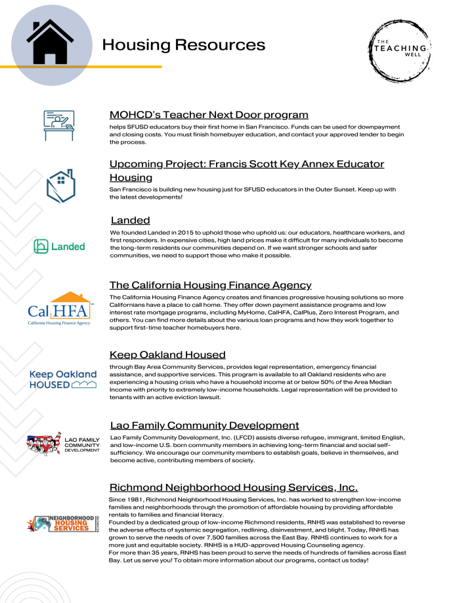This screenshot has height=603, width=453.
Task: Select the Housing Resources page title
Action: tap(184, 45)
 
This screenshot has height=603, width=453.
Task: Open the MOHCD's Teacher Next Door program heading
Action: tap(209, 115)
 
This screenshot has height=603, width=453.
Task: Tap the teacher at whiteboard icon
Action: tap(60, 123)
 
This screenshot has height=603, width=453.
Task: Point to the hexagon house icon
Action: tap(60, 186)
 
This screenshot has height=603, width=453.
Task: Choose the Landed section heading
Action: tap(130, 220)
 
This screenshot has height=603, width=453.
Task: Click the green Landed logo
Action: tap(60, 246)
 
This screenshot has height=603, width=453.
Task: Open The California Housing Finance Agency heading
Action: tap(210, 285)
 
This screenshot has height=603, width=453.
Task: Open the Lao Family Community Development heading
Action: tap(204, 425)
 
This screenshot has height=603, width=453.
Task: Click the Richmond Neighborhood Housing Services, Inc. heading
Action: tap(233, 487)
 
